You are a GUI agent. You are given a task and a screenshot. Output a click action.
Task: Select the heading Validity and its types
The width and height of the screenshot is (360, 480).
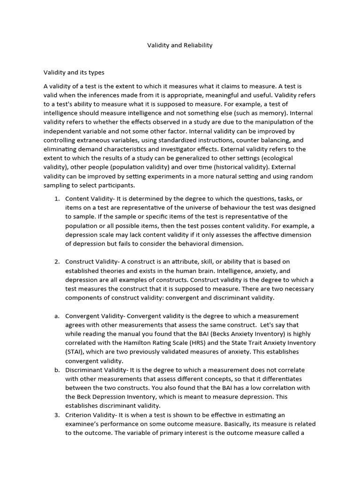74,73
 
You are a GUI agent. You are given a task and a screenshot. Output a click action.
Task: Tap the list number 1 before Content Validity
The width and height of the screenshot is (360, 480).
57,199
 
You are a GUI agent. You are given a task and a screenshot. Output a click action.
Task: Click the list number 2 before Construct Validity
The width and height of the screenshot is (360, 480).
57,262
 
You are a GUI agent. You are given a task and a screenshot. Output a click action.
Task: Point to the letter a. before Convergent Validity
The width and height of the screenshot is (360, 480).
57,316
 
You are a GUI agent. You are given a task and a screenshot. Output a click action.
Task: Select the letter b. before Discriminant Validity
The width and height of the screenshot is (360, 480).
57,370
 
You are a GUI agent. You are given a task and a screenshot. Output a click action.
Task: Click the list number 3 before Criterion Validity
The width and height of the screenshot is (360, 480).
57,415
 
